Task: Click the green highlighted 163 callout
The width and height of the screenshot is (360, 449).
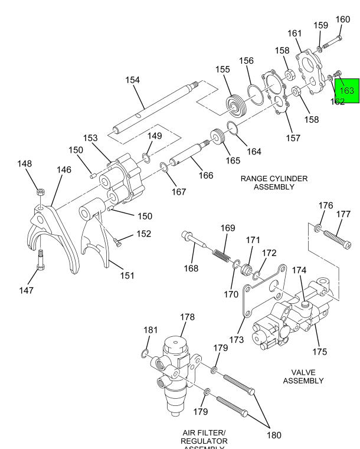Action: pos(347,90)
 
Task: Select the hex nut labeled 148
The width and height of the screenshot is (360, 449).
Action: pos(40,191)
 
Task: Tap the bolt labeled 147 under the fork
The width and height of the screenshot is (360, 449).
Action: pos(41,260)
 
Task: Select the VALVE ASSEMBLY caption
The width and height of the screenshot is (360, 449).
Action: pos(303,376)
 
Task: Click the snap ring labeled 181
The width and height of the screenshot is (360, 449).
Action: pos(145,354)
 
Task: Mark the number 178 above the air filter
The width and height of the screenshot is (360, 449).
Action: pos(187,317)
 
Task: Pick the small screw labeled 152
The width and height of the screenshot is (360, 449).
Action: pos(118,241)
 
